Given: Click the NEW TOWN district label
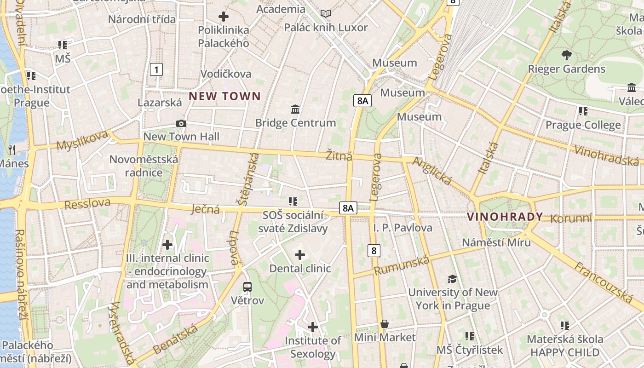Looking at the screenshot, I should [225, 96].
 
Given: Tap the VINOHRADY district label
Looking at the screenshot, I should [505, 217].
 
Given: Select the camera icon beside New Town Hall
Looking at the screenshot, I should [181, 123].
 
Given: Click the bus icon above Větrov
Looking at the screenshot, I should [247, 287].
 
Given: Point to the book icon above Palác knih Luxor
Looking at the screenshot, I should [326, 14].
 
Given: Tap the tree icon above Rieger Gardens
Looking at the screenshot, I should [566, 55].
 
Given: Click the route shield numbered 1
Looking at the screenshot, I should [157, 70].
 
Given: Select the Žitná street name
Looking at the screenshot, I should [339, 155].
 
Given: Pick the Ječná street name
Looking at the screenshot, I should [205, 210].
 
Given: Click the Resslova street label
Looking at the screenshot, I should [87, 203].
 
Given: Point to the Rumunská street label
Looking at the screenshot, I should [402, 265].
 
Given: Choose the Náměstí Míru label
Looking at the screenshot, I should [496, 242].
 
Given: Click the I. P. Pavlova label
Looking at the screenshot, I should [403, 228].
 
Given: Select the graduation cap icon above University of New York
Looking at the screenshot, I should [453, 279].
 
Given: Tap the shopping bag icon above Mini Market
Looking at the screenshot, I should [385, 324].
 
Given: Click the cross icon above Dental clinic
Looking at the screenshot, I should [300, 254].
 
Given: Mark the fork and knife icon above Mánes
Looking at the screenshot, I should [12, 149].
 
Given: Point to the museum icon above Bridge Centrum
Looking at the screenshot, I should [295, 109].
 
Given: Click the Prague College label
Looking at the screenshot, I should [583, 125].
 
